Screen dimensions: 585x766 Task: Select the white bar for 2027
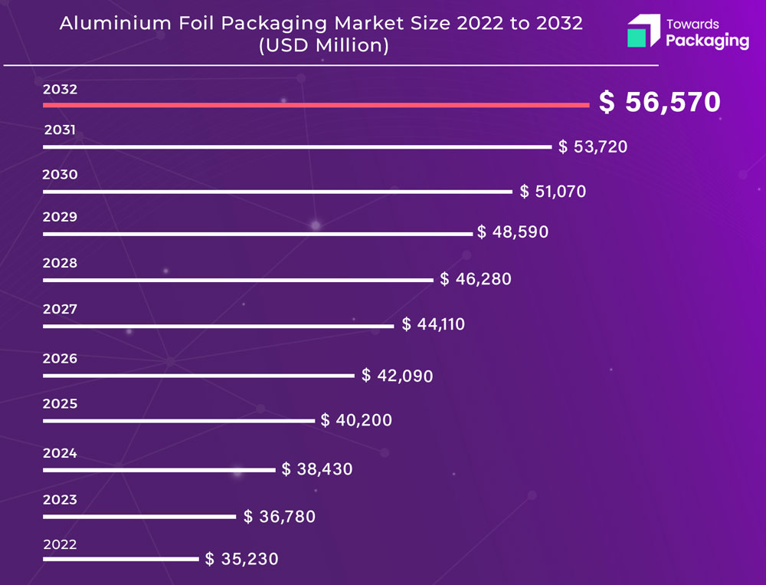pos(218,327)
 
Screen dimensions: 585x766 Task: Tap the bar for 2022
pos(120,559)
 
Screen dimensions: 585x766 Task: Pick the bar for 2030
pos(277,192)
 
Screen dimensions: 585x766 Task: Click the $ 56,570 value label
pos(660,103)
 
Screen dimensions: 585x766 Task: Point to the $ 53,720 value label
pos(593,146)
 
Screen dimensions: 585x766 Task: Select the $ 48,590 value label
pos(512,232)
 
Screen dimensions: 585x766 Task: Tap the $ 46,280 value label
pos(476,279)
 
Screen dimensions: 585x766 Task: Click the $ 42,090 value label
pos(398,376)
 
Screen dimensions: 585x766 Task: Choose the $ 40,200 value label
pos(356,420)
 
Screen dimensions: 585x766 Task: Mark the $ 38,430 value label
pos(317,469)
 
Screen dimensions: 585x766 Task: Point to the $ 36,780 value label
pos(280,517)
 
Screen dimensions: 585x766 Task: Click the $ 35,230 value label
pos(242,560)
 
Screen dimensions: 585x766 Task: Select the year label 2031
pos(60,130)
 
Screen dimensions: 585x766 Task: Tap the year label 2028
pos(60,263)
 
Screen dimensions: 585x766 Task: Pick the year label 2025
pos(60,403)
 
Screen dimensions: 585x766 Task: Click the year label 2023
pos(60,500)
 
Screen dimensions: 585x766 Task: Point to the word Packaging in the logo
pos(707,41)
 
